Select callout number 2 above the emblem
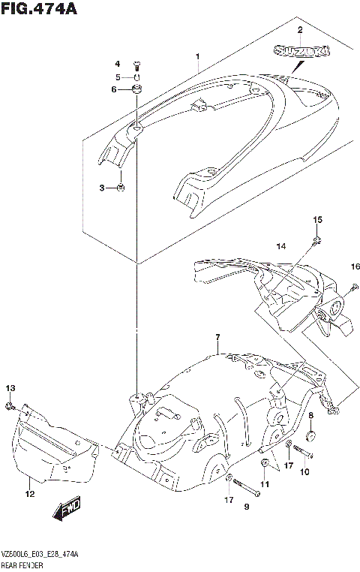(300, 30)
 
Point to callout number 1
(197, 56)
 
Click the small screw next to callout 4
(137, 65)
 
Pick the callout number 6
(115, 90)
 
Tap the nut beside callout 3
(121, 188)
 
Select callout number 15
(316, 219)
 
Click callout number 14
(280, 245)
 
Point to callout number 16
(355, 266)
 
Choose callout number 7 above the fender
(217, 338)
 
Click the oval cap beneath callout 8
(310, 435)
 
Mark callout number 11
(264, 484)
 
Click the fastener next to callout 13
(9, 406)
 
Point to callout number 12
(29, 494)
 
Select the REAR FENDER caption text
(22, 562)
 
